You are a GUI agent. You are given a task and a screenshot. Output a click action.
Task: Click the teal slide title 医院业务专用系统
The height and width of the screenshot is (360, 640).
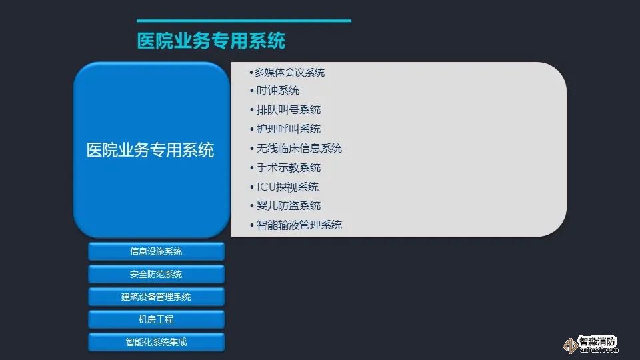211,41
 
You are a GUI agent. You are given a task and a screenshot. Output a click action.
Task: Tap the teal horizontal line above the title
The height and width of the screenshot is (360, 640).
244,21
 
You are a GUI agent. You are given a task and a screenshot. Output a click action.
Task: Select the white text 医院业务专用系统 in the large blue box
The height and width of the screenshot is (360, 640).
150,150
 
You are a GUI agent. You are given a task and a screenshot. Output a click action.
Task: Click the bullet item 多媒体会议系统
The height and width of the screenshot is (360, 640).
290,73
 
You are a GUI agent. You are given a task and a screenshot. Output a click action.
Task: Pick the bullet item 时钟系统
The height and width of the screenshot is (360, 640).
277,90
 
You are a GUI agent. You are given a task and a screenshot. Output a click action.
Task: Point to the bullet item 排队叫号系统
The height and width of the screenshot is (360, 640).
288,109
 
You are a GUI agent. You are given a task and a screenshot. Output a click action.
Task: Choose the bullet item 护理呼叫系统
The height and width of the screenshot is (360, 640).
288,129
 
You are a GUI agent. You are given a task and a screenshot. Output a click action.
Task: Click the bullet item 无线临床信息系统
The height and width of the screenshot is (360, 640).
299,148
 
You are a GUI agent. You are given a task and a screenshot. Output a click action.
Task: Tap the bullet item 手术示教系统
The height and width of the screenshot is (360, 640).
288,167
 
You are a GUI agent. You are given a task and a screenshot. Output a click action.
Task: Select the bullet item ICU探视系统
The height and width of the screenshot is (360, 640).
287,187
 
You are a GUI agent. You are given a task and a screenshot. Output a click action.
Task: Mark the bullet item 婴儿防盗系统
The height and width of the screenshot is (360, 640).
288,206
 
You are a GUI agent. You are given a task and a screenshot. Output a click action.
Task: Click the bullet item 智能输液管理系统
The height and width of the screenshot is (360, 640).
299,225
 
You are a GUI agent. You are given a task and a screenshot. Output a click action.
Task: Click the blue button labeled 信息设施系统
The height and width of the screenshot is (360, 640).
156,251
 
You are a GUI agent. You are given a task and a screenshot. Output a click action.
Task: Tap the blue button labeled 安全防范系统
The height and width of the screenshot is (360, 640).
156,274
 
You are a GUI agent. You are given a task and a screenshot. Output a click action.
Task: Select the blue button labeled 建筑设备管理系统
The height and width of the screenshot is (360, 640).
156,297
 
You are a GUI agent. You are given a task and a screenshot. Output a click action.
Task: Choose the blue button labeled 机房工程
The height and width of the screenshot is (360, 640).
156,319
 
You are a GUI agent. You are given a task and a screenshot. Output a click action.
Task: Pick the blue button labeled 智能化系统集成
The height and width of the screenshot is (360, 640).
156,342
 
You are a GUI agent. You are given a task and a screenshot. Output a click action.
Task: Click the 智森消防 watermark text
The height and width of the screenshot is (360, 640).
597,341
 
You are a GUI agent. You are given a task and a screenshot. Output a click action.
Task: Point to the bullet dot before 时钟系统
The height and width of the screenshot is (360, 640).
252,91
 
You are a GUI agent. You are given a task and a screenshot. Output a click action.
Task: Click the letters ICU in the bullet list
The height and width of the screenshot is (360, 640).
266,187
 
